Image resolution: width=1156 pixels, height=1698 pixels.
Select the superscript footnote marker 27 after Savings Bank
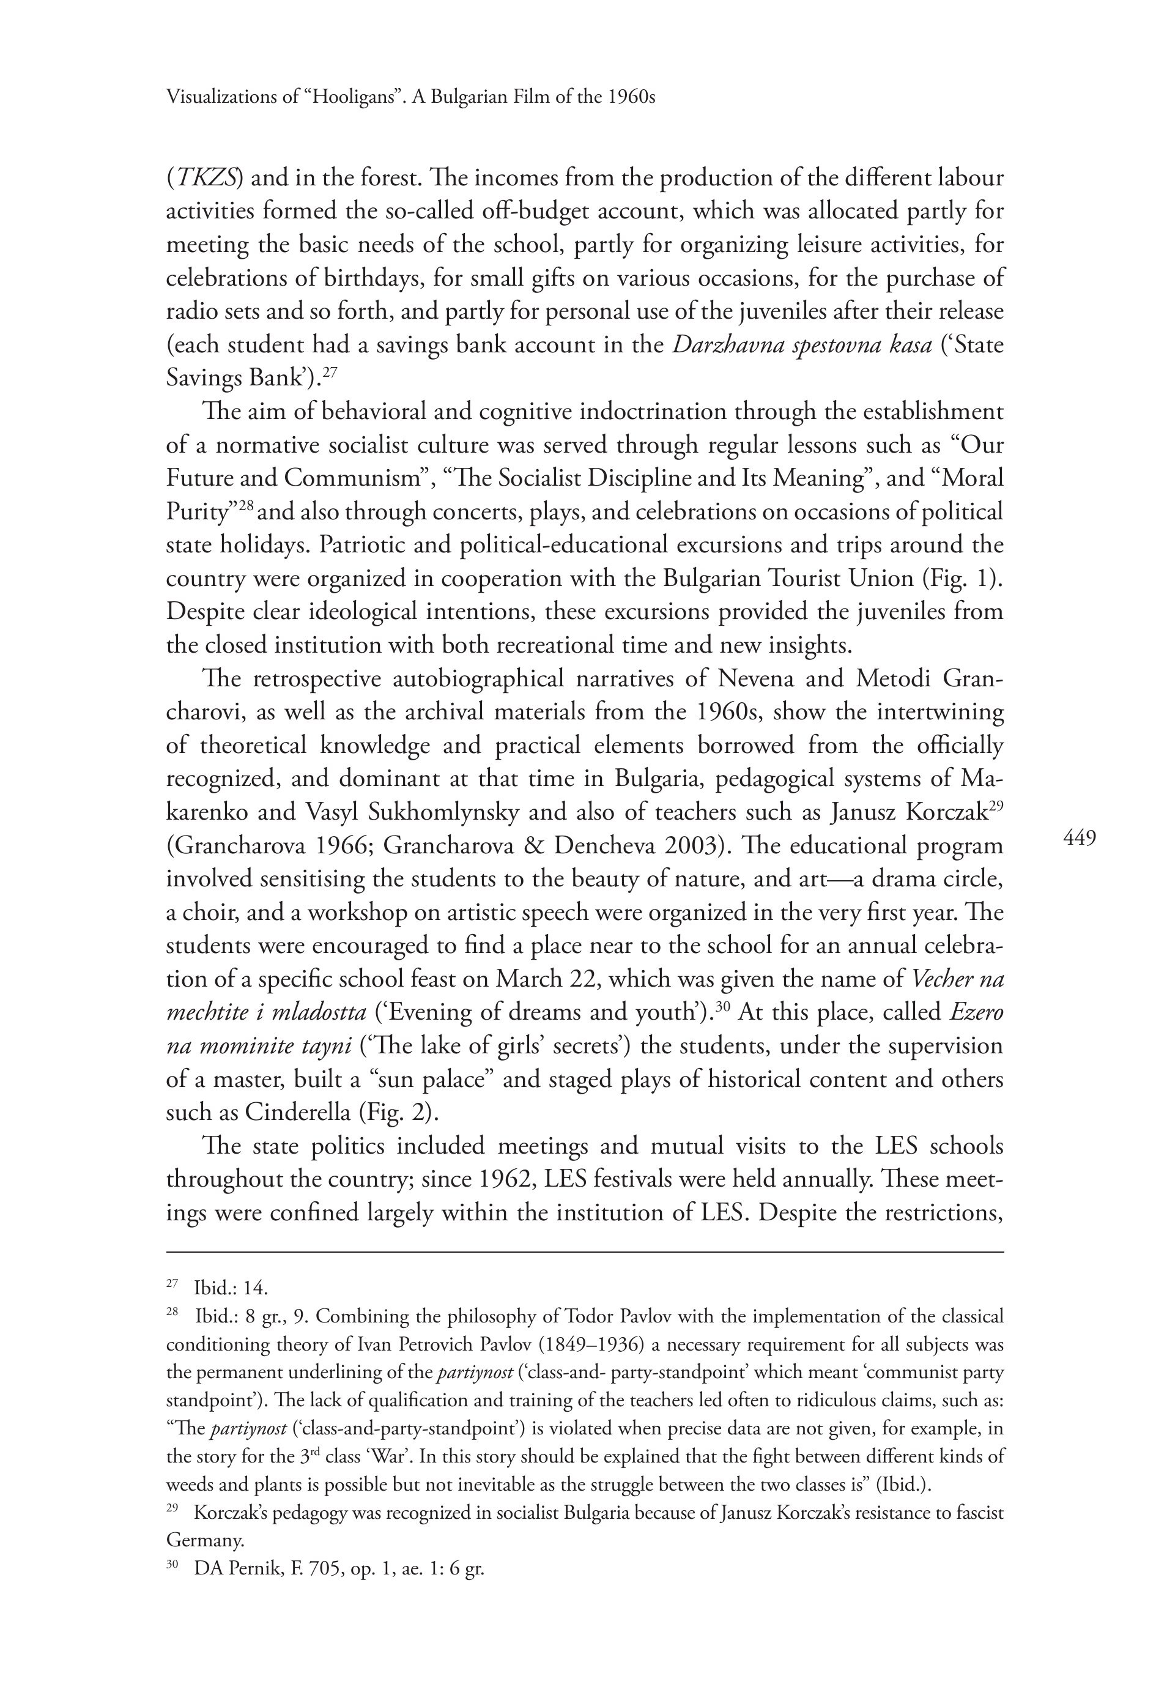330,372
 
